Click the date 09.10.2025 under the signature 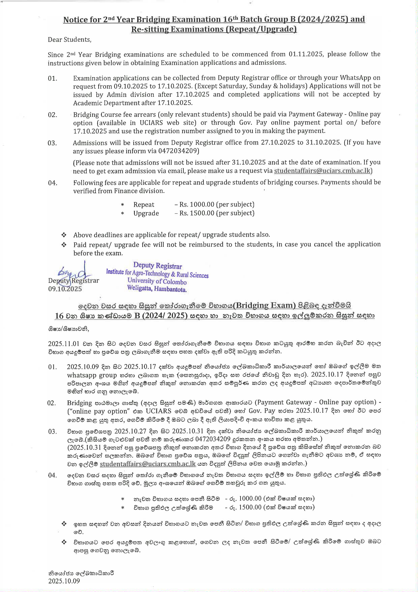pyautogui.click(x=65, y=289)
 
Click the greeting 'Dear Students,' pyautogui.click(x=70, y=40)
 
